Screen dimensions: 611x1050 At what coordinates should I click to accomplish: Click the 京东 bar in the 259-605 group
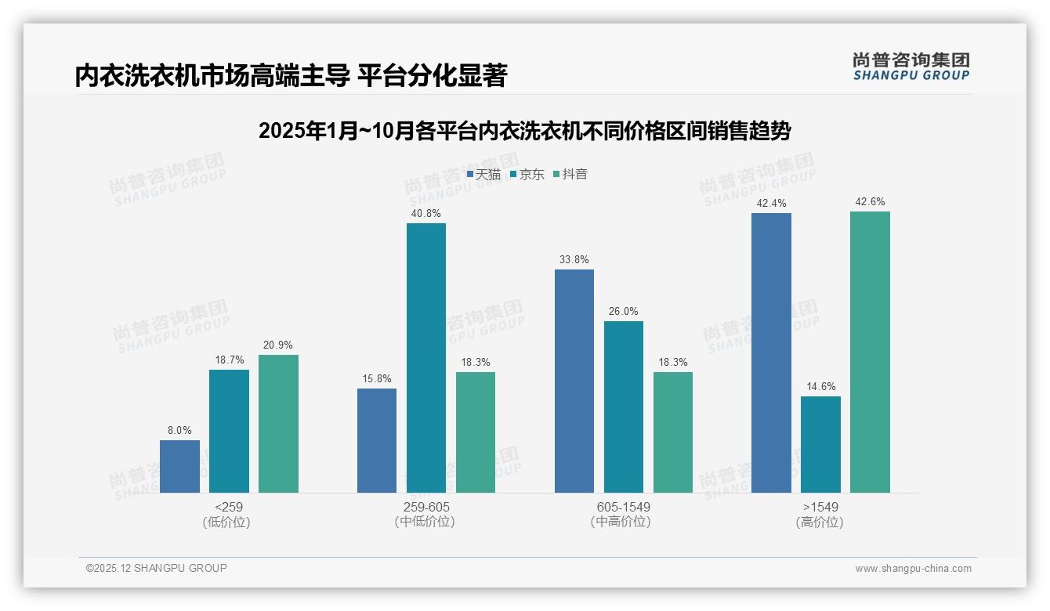(425, 358)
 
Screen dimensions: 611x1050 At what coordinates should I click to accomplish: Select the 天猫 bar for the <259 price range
(179, 466)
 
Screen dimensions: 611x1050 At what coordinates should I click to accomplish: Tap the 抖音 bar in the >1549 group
(870, 352)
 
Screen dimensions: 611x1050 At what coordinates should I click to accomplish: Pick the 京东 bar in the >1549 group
(820, 444)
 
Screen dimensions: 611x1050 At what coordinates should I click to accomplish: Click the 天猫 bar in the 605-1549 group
(574, 381)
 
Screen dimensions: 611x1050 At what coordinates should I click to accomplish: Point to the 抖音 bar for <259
(278, 424)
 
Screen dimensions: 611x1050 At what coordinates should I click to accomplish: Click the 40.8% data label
(425, 213)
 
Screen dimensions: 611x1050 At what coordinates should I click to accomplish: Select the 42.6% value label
(870, 201)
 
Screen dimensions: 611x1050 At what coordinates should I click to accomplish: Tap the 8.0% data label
(179, 430)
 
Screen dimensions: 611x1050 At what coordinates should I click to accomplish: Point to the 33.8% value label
(574, 259)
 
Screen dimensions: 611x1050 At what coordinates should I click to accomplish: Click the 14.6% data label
(820, 386)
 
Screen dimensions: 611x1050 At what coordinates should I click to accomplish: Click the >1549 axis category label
(820, 507)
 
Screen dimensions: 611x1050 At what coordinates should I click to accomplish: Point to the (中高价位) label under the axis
(622, 522)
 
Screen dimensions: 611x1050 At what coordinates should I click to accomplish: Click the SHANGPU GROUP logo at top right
(911, 67)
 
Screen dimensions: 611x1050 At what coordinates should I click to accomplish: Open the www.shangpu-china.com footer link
(913, 569)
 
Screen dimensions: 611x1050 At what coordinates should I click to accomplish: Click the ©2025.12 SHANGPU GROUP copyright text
(157, 568)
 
